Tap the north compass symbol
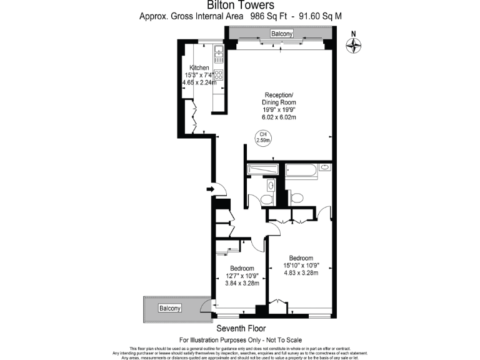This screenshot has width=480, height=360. [x=354, y=44]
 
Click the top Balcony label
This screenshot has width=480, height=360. [x=281, y=33]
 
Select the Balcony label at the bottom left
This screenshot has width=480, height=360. [x=169, y=309]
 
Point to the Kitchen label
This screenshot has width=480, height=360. [x=199, y=67]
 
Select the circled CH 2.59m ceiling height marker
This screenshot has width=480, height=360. [x=264, y=137]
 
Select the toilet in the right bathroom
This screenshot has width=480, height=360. [x=296, y=198]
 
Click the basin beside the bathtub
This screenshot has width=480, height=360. [x=324, y=167]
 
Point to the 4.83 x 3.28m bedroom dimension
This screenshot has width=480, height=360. [x=301, y=272]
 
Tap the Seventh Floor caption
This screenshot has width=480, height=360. [x=241, y=328]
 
